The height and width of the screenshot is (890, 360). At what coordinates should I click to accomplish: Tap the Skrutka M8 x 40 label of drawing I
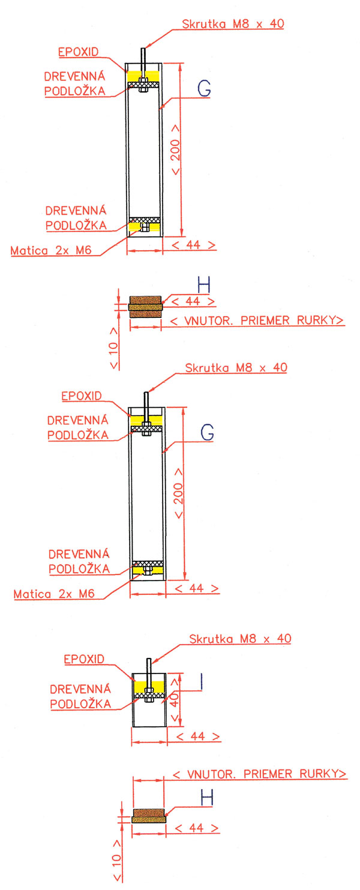(x=240, y=639)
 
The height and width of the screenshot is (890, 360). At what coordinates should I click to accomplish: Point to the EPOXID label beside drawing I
(x=84, y=660)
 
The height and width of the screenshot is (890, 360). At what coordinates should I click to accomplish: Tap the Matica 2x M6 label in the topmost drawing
(x=51, y=251)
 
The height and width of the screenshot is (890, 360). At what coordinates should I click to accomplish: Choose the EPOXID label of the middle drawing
(x=82, y=396)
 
